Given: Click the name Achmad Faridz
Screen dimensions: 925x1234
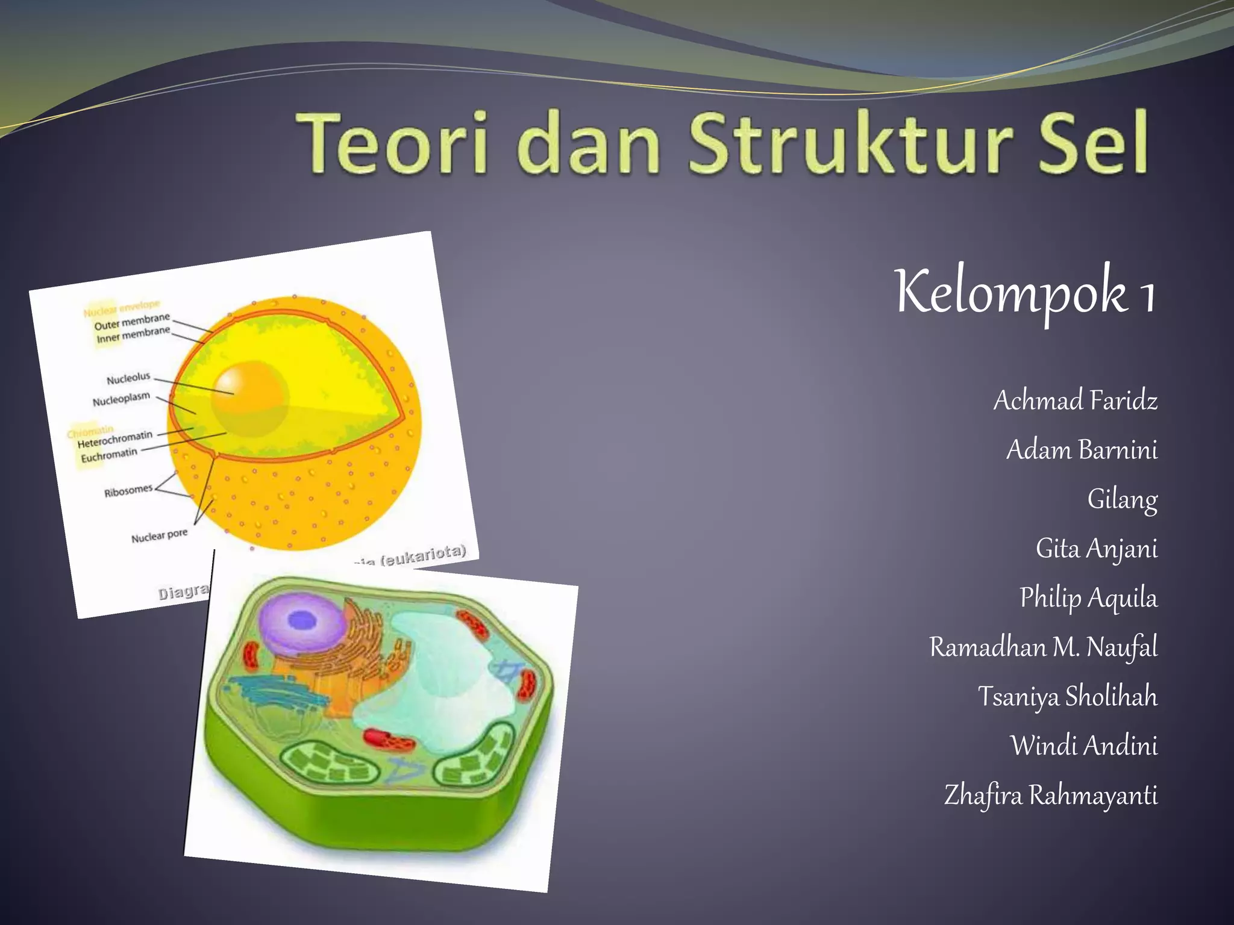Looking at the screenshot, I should [x=1076, y=400].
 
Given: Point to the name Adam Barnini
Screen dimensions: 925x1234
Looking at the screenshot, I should [x=1082, y=450].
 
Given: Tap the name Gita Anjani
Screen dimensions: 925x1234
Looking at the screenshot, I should [x=1097, y=549].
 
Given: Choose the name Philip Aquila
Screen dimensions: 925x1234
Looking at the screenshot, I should [x=1088, y=598].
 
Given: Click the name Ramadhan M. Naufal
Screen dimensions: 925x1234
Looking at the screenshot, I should [x=1043, y=647].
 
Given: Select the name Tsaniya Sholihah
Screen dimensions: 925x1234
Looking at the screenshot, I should [x=1067, y=697].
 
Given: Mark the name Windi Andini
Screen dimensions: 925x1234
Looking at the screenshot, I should [x=1083, y=746].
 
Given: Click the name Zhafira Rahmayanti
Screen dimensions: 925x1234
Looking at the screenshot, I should [x=1050, y=796].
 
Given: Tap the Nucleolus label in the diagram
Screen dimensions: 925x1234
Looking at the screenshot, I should [x=128, y=378].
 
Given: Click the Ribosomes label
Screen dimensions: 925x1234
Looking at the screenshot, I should [x=128, y=491].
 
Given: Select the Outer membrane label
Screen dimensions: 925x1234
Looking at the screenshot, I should [x=132, y=321].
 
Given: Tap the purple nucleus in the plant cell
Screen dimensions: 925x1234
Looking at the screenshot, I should [x=301, y=620].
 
